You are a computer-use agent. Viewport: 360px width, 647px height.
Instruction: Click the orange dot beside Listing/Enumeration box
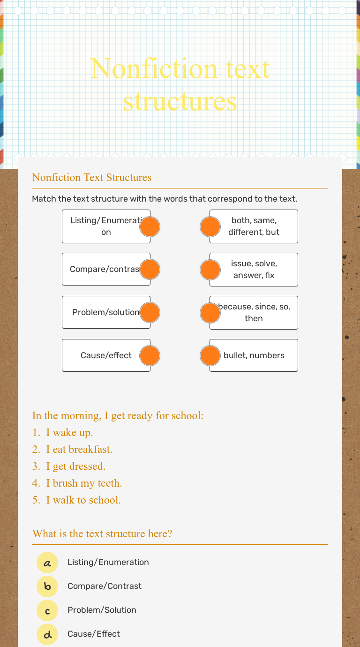point(150,226)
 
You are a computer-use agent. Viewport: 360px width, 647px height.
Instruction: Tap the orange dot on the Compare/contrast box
point(150,270)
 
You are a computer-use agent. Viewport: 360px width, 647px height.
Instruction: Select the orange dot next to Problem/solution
point(150,313)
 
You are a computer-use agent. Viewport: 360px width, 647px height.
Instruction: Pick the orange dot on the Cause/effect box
point(150,356)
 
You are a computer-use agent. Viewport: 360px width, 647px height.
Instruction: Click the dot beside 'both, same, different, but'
point(210,226)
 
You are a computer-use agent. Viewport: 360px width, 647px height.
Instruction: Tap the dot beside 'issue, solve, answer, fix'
point(210,270)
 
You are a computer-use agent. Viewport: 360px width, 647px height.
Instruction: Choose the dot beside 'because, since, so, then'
point(210,313)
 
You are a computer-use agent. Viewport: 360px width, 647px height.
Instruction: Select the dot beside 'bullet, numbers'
point(210,356)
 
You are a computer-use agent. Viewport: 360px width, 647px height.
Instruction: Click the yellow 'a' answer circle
point(47,563)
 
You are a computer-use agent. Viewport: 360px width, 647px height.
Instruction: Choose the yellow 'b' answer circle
point(47,587)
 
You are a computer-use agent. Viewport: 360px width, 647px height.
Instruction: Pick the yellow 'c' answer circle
point(47,610)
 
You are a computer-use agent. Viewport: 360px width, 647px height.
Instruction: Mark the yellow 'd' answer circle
point(47,634)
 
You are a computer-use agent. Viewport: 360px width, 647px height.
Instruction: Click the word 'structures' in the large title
point(180,101)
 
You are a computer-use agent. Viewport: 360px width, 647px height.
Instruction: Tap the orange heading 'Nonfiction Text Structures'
point(92,177)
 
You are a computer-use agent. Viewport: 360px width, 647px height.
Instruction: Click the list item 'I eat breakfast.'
point(79,449)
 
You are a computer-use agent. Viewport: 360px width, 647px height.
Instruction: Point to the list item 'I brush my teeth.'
point(84,483)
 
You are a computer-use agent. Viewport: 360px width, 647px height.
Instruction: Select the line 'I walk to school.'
point(83,500)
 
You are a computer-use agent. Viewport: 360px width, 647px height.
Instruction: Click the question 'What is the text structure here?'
point(102,534)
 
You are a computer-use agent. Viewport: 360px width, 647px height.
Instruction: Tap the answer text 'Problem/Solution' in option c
point(102,610)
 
